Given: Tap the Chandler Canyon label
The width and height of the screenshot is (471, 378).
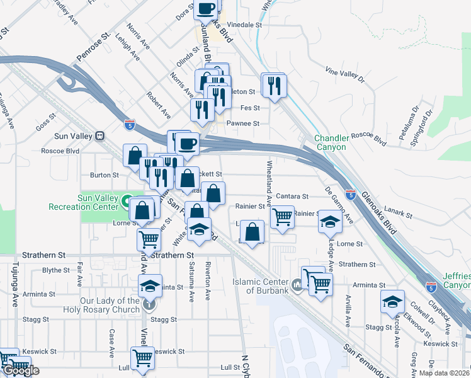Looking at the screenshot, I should tap(331, 142).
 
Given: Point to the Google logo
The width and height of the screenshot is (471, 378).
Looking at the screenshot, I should tap(20, 370).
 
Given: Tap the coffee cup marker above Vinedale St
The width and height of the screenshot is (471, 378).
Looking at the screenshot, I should tap(207, 8).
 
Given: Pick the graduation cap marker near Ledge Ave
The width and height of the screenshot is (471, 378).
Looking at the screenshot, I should tap(330, 221).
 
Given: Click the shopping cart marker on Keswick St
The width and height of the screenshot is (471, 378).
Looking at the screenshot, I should tap(143, 358).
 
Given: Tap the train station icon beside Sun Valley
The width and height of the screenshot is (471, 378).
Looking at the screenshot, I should tap(99, 135).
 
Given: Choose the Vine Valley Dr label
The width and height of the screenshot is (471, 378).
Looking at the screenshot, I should tap(345, 74).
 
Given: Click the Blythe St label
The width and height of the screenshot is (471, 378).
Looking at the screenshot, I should tap(55, 270).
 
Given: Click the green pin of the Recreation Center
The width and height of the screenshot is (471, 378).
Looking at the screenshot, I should tap(127, 202).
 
